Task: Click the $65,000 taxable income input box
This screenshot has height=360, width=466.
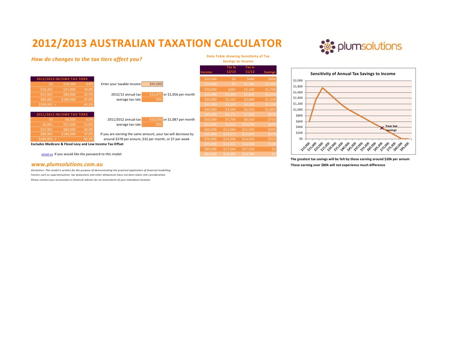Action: [152, 84]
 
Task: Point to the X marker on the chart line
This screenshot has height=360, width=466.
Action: [382, 128]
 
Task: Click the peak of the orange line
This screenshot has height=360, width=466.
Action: [322, 88]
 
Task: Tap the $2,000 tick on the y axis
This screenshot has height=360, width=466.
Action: [297, 81]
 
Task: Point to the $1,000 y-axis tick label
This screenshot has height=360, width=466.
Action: [297, 110]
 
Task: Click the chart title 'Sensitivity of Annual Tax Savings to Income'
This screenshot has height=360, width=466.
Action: [352, 74]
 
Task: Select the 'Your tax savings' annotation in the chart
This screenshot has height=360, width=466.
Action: [391, 128]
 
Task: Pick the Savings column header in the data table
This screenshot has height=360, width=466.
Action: [270, 72]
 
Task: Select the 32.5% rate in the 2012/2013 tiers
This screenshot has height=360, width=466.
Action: [89, 94]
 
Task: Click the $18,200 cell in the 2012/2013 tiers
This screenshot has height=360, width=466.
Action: [69, 84]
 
